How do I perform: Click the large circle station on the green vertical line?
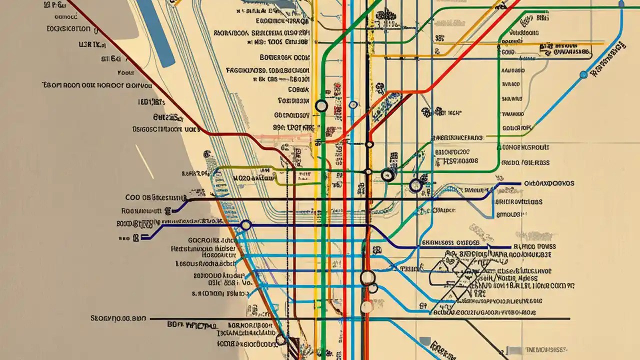321,106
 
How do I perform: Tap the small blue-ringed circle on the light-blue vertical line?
353,105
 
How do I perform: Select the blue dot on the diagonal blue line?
583,74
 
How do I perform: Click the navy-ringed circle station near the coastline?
245,225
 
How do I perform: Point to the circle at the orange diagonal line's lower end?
280,340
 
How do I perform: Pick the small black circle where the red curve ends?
369,144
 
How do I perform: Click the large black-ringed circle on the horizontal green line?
386,175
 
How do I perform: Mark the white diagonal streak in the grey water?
144,161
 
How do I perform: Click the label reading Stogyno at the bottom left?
118,317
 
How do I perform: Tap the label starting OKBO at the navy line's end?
548,183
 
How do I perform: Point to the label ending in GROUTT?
524,147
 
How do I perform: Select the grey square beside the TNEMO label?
425,341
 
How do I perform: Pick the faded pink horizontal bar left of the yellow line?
285,135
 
